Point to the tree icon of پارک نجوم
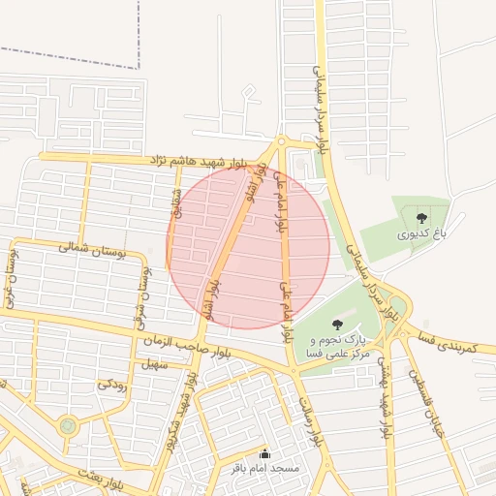[336, 325]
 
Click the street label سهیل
[154, 365]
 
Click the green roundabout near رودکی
[67, 424]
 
